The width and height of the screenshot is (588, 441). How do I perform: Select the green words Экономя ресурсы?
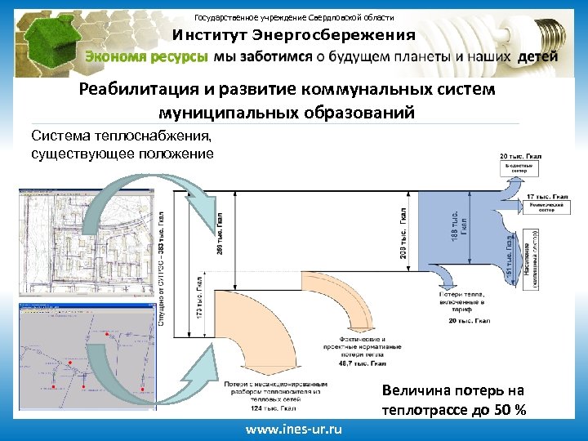pos(146,57)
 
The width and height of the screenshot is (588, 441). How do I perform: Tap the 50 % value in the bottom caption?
pos(510,408)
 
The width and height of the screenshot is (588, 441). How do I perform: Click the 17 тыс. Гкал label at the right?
pos(548,197)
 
